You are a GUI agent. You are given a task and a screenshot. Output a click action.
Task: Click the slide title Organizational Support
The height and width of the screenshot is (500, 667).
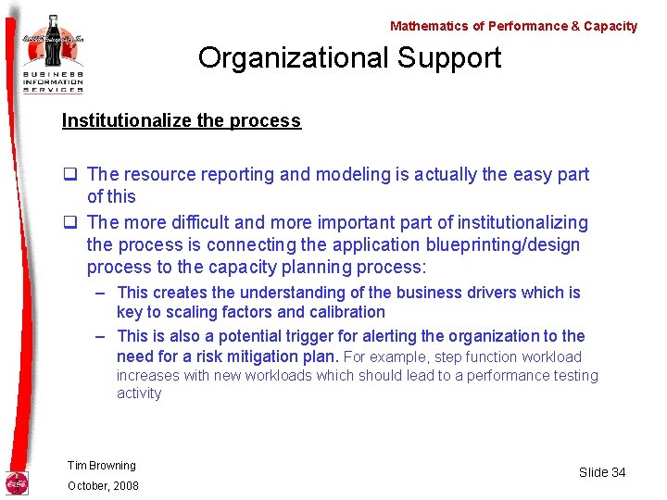[x=349, y=58]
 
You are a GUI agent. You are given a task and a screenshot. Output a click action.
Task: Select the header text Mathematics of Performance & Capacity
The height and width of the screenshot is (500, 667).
[x=513, y=26]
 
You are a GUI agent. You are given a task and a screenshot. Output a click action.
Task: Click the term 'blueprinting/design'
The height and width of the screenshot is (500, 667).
[x=501, y=245]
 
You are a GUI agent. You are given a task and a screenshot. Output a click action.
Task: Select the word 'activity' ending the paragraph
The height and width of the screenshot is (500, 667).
[x=139, y=394]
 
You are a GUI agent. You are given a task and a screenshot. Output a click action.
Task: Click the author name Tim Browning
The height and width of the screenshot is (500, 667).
[x=101, y=466]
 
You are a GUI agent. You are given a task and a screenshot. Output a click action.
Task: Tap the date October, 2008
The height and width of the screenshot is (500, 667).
[x=103, y=486]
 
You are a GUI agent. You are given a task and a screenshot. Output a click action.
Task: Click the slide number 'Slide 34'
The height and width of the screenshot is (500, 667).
[x=602, y=472]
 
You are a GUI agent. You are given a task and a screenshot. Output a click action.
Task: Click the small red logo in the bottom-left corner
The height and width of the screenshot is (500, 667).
[x=18, y=482]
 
